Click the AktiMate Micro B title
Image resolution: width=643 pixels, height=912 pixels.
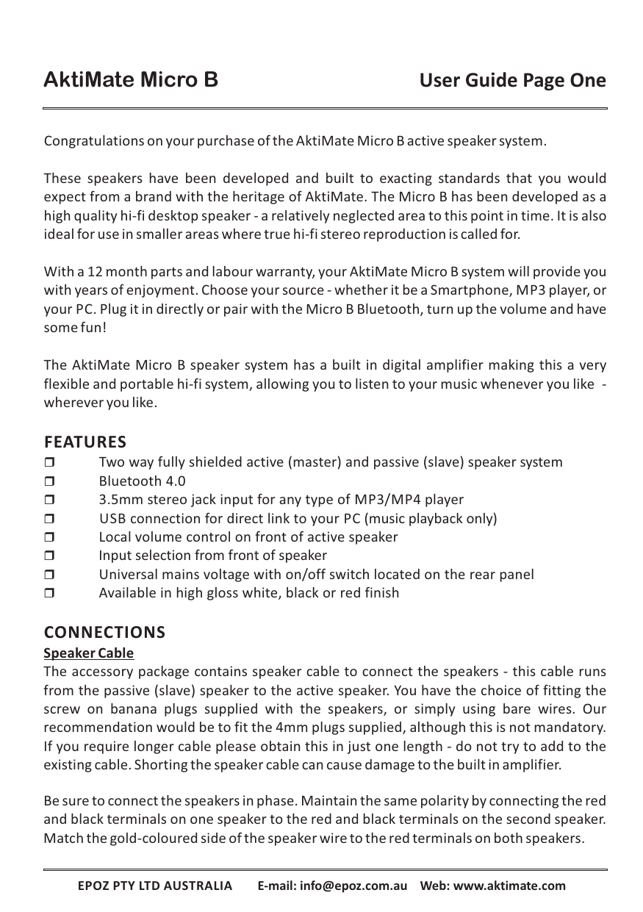131,79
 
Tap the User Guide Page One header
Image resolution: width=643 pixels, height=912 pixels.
512,80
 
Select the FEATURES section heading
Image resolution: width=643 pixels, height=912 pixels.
85,442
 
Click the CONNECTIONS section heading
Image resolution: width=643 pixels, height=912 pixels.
104,633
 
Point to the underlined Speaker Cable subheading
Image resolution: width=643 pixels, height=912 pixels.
89,653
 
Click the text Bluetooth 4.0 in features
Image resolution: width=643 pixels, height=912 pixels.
142,481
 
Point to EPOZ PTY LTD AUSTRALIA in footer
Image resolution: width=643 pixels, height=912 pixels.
155,886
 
